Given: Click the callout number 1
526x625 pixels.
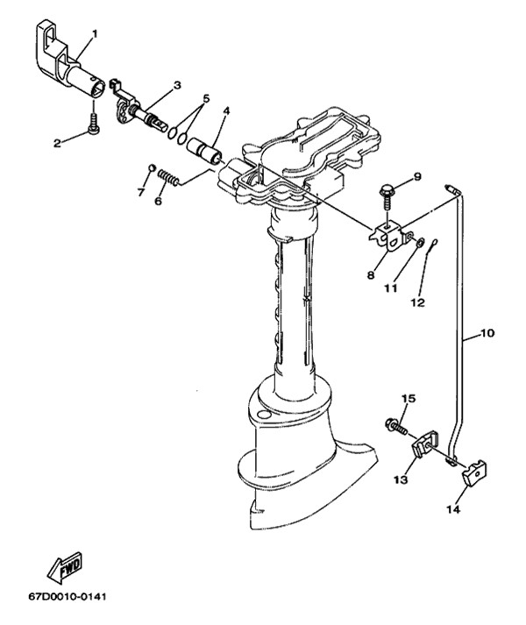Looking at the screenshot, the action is [95, 34].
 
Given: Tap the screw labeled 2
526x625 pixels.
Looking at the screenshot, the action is [93, 125].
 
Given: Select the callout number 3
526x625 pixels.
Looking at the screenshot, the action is [177, 85].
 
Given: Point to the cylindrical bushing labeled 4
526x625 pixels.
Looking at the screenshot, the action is [204, 151].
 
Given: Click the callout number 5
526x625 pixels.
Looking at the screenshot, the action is [206, 98].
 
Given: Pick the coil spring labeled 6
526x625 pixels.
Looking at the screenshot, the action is [168, 178].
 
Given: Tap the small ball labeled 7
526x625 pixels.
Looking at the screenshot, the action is [152, 167].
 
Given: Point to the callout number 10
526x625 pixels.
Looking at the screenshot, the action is [487, 332].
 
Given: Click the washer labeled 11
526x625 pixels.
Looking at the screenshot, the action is [420, 242].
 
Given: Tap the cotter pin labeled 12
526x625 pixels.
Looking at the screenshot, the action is [433, 245].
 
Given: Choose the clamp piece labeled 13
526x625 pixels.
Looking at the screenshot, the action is [425, 444].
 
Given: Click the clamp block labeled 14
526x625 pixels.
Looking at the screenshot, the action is [474, 472].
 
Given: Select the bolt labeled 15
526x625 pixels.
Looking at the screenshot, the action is [396, 426].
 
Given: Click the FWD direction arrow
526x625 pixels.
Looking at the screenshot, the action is [65, 568].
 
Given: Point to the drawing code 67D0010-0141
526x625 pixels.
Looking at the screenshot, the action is [68, 597].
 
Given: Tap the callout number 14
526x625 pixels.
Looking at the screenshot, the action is [453, 509].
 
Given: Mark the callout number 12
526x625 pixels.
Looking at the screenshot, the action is [418, 303].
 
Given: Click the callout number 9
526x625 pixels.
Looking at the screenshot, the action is [417, 176].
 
